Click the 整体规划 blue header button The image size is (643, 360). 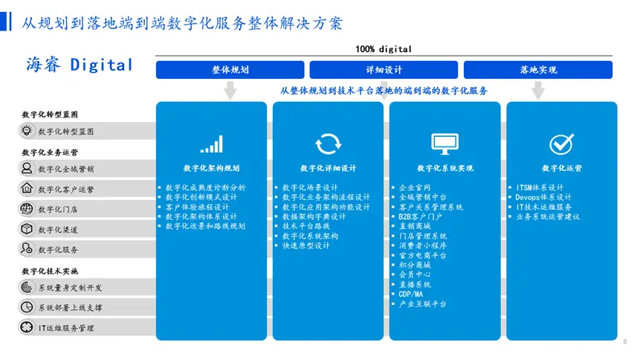click(x=230, y=70)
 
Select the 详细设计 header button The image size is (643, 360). click(x=384, y=70)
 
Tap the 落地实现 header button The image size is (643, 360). click(x=538, y=70)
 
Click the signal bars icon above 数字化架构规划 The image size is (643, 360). click(x=212, y=144)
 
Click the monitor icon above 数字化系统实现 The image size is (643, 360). click(x=445, y=144)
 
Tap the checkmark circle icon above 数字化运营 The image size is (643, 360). click(x=561, y=144)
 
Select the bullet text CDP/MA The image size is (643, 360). click(x=410, y=295)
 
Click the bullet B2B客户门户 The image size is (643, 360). click(x=420, y=216)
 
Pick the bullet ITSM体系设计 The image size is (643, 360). click(x=540, y=187)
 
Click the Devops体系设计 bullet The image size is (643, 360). click(x=543, y=197)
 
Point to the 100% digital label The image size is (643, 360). click(x=384, y=49)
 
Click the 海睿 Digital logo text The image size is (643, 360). click(x=80, y=65)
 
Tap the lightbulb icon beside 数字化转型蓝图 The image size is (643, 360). click(x=27, y=131)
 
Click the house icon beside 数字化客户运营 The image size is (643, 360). click(x=27, y=188)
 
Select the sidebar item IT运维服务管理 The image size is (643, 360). click(x=66, y=328)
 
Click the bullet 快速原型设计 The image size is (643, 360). click(x=306, y=246)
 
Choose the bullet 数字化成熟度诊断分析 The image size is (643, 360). click(x=205, y=187)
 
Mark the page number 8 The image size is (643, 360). click(x=625, y=341)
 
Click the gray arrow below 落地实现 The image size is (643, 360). click(x=538, y=90)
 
